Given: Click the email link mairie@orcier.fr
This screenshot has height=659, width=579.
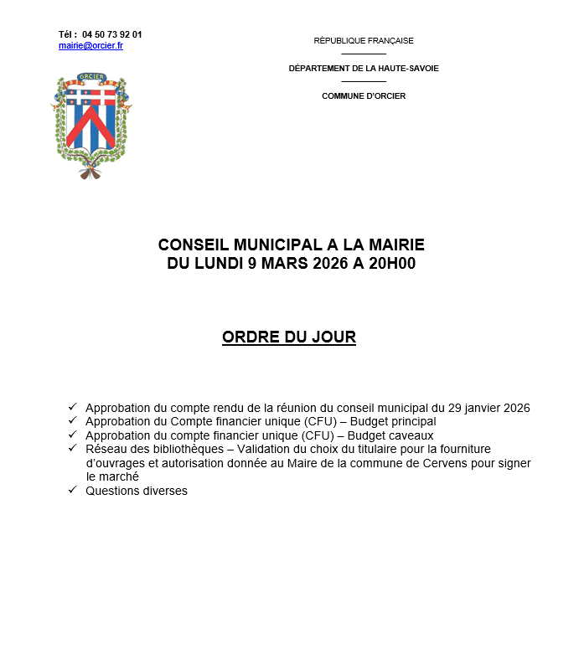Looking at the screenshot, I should [x=90, y=45].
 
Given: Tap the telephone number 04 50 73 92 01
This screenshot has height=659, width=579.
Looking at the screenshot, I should [x=112, y=34].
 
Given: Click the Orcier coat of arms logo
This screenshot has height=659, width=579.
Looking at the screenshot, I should [x=91, y=126].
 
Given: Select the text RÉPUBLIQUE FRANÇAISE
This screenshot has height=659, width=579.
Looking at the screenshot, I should [x=364, y=40].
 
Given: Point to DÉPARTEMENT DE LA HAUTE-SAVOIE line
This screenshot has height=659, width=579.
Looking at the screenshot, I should [x=364, y=68].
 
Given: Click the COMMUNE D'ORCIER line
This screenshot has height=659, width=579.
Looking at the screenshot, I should [x=364, y=96].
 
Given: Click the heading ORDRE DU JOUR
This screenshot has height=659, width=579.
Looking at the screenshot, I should [x=289, y=337].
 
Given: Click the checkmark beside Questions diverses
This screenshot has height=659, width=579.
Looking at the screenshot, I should [x=73, y=490].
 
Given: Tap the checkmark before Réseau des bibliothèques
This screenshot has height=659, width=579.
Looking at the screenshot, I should [x=73, y=448].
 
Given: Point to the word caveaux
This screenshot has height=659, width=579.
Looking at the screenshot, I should [x=411, y=435].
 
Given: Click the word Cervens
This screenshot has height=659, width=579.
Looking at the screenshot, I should [x=436, y=463].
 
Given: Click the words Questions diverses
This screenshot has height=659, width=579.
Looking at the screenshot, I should [x=137, y=491].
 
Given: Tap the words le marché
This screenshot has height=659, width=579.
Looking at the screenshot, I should [x=112, y=476].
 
